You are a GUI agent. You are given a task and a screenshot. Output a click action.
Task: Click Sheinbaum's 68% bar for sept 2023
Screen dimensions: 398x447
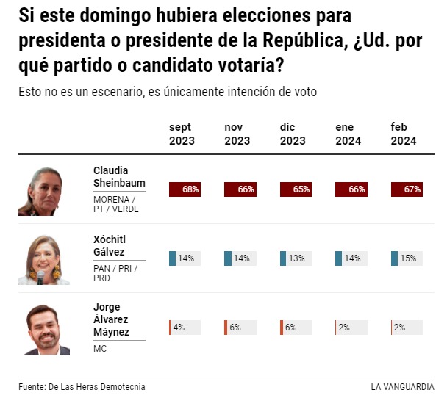pyautogui.click(x=185, y=189)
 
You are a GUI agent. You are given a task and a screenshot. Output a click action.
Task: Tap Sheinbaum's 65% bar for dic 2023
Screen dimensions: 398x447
pyautogui.click(x=296, y=189)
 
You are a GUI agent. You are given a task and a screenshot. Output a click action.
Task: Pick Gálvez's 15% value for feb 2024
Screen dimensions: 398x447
pyautogui.click(x=409, y=258)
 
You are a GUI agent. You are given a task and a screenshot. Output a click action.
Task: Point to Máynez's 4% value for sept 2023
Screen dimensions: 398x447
pyautogui.click(x=178, y=328)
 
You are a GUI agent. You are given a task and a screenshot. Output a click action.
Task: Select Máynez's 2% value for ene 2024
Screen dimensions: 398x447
pyautogui.click(x=344, y=328)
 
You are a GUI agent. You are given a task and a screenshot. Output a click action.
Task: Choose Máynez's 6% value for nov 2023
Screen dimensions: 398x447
pyautogui.click(x=235, y=328)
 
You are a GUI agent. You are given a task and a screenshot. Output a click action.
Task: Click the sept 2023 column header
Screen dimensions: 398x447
pyautogui.click(x=182, y=134)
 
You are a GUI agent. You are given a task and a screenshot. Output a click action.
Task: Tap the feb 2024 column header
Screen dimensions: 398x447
pyautogui.click(x=404, y=134)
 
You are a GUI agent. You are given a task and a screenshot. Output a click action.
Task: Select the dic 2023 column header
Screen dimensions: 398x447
pyautogui.click(x=293, y=134)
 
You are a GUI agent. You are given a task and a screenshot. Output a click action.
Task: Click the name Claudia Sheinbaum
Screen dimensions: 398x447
pyautogui.click(x=118, y=176)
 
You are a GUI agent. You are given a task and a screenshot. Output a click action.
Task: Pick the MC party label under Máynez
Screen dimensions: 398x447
pyautogui.click(x=100, y=348)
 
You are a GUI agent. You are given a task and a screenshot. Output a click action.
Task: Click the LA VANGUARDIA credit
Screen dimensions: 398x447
pyautogui.click(x=402, y=387)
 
